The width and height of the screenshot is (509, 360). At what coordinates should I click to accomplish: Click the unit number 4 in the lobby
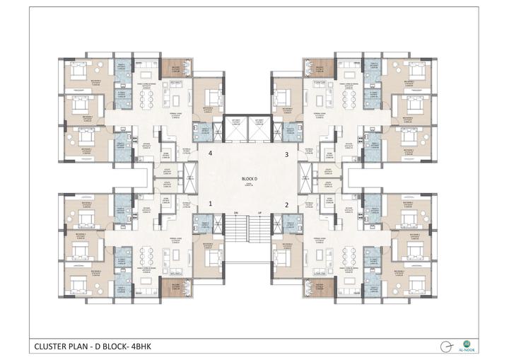coord(210,153)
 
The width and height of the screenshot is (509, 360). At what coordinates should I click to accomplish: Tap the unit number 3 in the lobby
coord(286,153)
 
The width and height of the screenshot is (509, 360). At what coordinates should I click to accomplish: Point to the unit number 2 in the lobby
coord(286,205)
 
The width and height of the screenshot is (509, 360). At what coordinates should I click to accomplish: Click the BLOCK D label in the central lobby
coord(248,179)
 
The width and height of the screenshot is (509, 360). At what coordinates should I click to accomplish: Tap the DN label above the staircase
coord(238,213)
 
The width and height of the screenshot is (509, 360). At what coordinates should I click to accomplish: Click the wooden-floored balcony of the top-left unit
coord(171,68)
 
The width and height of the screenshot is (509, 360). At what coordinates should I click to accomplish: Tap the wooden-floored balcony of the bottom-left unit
coord(171,287)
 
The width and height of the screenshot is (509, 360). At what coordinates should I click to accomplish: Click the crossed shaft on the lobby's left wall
coord(189,174)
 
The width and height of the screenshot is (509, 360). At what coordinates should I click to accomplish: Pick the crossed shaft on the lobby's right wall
coord(305,174)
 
